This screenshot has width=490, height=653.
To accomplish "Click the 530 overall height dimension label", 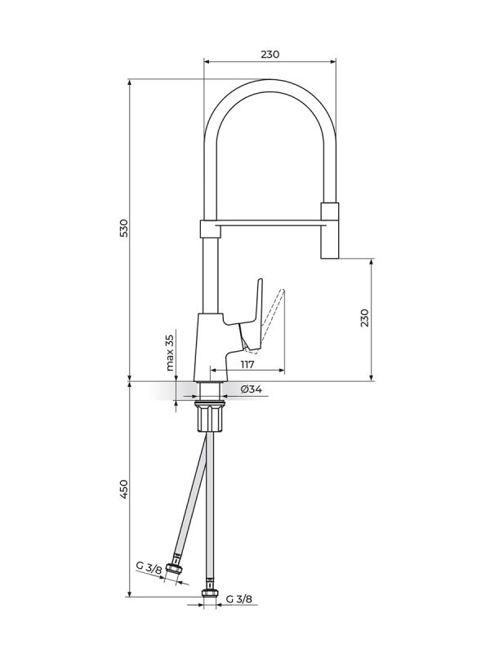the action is [x=124, y=228].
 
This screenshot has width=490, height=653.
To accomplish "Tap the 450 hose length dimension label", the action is [x=124, y=489].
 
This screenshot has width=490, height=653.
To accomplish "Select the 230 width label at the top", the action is [x=270, y=54].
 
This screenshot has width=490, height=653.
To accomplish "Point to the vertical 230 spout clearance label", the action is [x=365, y=318].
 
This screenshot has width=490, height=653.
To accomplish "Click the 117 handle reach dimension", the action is [x=247, y=365].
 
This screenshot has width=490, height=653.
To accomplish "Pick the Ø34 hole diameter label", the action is [x=252, y=389].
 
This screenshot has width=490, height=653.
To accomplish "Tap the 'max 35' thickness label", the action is [x=170, y=353].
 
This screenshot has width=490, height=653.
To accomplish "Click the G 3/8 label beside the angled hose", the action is [x=149, y=568].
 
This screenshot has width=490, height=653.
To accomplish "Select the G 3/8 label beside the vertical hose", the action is [x=238, y=599].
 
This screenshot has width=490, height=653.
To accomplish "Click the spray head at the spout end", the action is [x=330, y=231].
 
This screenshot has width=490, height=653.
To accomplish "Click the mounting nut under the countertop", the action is [x=211, y=416].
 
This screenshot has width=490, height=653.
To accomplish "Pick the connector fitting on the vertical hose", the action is [x=210, y=593].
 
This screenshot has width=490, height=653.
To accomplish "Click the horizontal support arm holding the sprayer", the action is [x=269, y=225].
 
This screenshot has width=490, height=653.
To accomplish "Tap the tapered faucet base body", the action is [x=211, y=348].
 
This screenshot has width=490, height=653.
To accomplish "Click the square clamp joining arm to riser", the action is [x=208, y=229].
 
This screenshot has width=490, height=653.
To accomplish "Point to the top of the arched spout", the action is [x=270, y=85].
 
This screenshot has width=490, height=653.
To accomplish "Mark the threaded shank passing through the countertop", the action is [x=211, y=392].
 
